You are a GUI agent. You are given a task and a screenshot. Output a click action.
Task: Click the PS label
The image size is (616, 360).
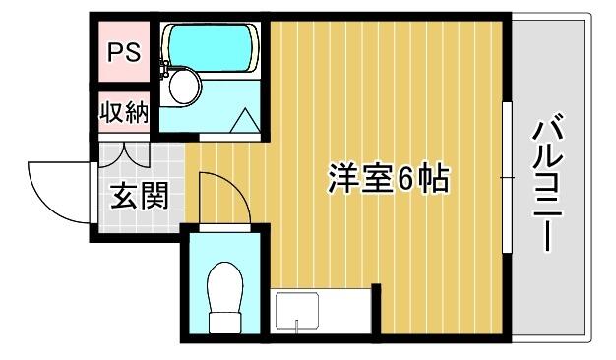124,52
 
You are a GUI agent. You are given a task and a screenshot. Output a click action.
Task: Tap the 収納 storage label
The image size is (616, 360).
123,112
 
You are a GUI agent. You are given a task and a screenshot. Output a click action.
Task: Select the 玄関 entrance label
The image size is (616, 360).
140,195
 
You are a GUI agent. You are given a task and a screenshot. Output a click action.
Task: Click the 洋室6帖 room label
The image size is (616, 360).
389,179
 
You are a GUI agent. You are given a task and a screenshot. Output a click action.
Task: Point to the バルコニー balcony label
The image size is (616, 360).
548,181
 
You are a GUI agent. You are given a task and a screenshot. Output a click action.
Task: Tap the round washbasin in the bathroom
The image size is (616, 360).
183,87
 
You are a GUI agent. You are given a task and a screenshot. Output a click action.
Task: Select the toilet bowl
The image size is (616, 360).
224,286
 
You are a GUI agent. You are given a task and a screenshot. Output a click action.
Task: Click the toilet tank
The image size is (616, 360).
224,323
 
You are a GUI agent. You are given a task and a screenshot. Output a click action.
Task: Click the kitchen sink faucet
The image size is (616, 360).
297,325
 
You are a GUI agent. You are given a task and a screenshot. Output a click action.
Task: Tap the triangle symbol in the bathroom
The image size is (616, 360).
245,120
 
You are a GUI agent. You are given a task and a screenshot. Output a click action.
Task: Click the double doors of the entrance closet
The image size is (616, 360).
124,153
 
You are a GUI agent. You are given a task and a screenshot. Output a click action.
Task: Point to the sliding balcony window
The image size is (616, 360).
507,177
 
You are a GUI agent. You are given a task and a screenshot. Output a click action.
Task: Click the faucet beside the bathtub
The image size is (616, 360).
165,68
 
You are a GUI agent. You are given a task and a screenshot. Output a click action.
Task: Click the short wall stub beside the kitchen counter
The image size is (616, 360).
376,309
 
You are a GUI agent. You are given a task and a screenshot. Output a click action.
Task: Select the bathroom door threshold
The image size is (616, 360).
230,137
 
